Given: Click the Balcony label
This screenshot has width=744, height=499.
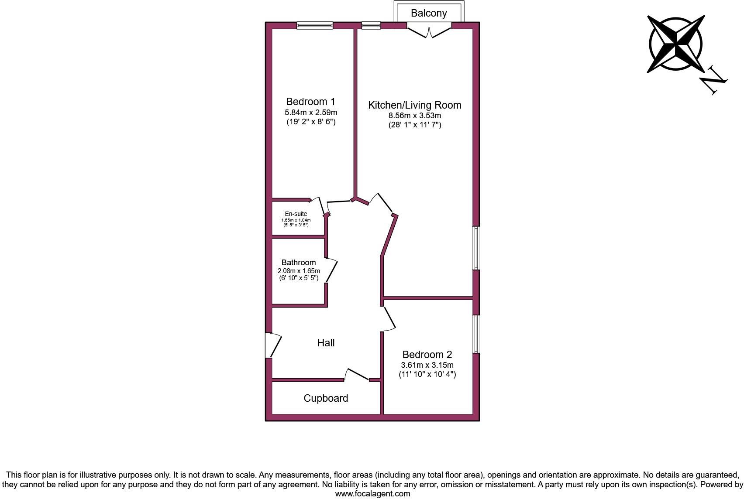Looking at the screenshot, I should pyautogui.click(x=428, y=13).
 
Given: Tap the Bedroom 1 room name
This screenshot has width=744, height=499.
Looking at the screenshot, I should pyautogui.click(x=310, y=102).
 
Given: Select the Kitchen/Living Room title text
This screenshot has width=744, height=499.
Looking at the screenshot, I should pyautogui.click(x=414, y=105).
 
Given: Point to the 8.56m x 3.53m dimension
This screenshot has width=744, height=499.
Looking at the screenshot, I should pyautogui.click(x=414, y=116).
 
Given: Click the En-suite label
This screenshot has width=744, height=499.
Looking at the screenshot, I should pyautogui.click(x=296, y=214).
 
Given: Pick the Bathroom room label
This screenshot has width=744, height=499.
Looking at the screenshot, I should pyautogui.click(x=298, y=263).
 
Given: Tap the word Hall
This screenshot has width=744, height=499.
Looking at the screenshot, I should pyautogui.click(x=326, y=343).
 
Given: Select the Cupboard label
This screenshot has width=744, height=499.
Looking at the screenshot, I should pyautogui.click(x=326, y=398).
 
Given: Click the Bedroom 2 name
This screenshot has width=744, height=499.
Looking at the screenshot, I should pyautogui.click(x=427, y=355).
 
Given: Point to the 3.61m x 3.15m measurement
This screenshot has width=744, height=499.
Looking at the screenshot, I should pyautogui.click(x=427, y=365).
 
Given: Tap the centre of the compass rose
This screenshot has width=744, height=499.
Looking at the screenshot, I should pyautogui.click(x=675, y=44).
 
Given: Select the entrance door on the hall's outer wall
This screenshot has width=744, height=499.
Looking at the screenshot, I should pyautogui.click(x=272, y=345).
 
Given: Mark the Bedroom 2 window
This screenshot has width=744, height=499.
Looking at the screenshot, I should pyautogui.click(x=476, y=334).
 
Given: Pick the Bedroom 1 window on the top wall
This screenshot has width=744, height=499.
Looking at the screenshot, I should pyautogui.click(x=314, y=26).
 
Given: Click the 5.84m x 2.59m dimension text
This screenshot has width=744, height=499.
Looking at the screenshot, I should pyautogui.click(x=310, y=113).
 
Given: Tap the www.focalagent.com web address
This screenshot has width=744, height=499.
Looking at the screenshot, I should pyautogui.click(x=372, y=494).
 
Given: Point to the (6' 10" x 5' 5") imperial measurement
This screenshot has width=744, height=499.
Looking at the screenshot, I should pyautogui.click(x=299, y=278).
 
